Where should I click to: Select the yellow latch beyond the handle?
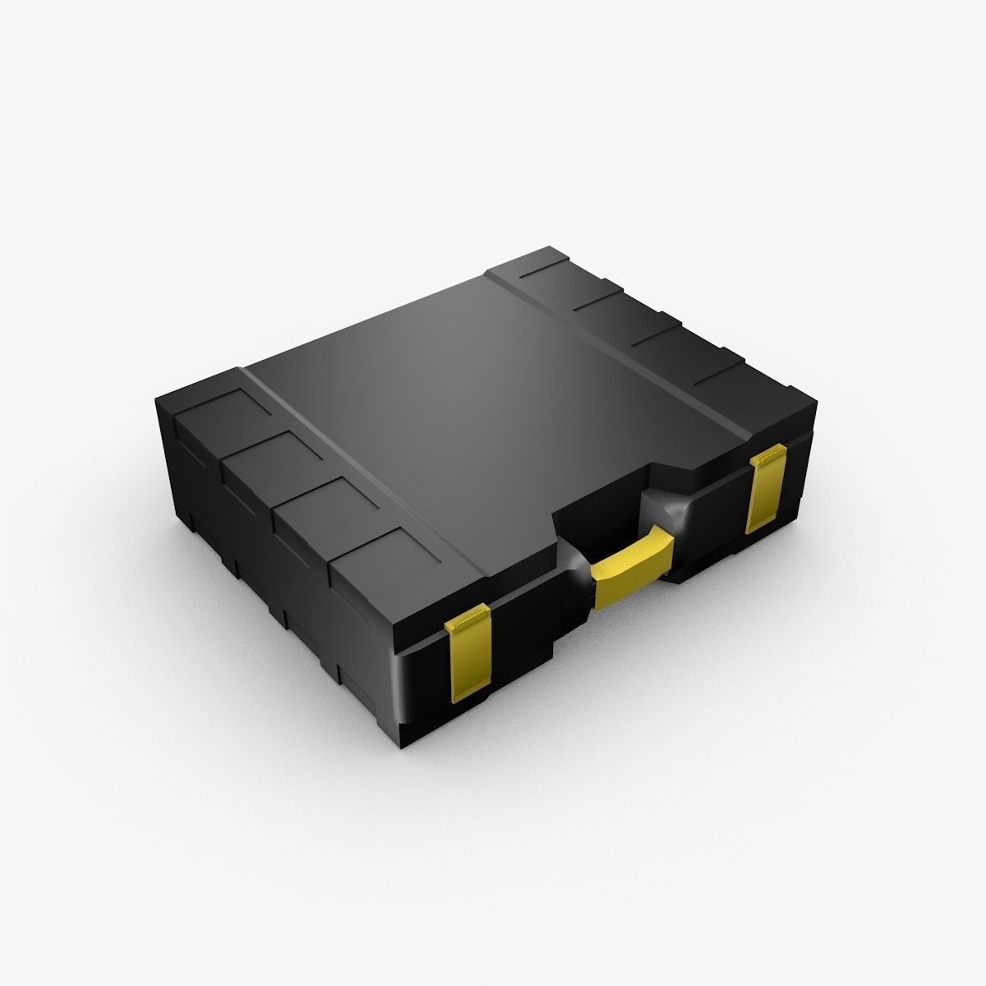click(x=765, y=490)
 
